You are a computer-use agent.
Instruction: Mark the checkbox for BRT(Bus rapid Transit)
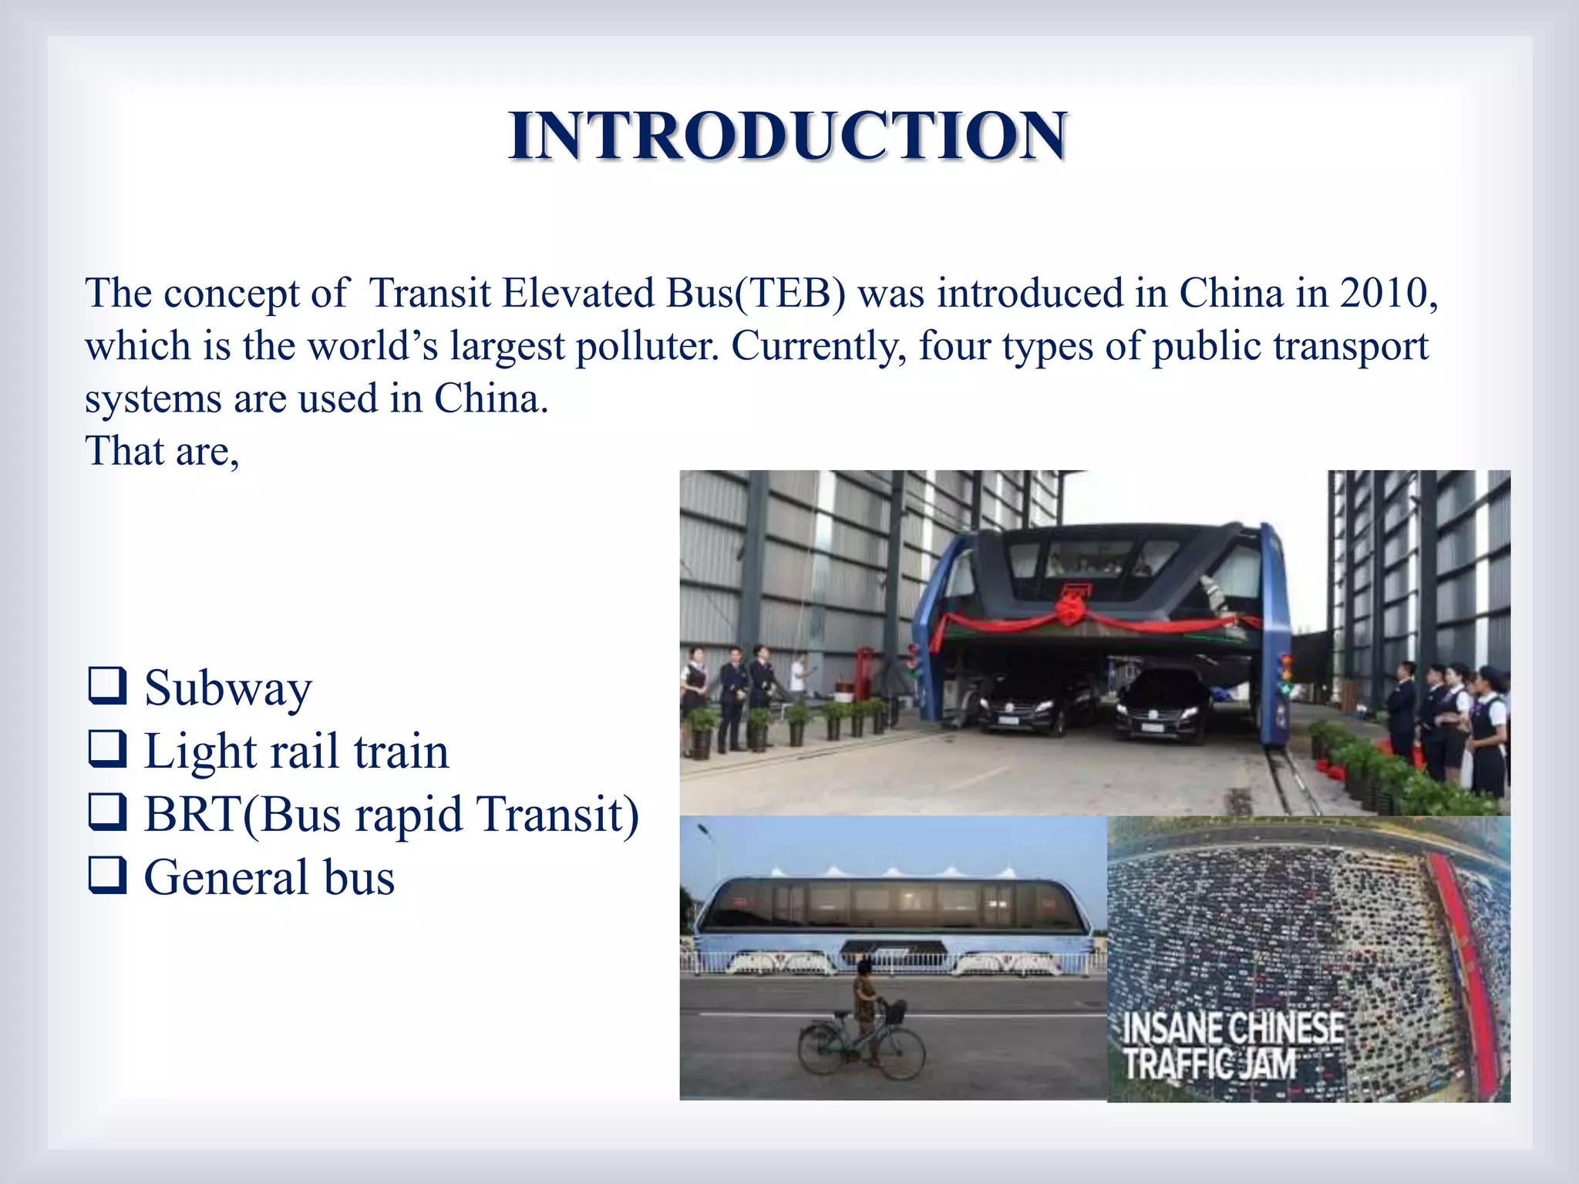click(x=107, y=815)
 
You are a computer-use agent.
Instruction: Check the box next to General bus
click(x=107, y=878)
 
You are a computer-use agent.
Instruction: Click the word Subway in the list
click(x=228, y=688)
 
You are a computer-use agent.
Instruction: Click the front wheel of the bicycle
click(x=901, y=1053)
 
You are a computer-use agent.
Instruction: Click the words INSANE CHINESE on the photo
click(x=1233, y=1028)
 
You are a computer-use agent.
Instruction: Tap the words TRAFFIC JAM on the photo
click(x=1209, y=1065)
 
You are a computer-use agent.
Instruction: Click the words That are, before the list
click(x=163, y=452)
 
